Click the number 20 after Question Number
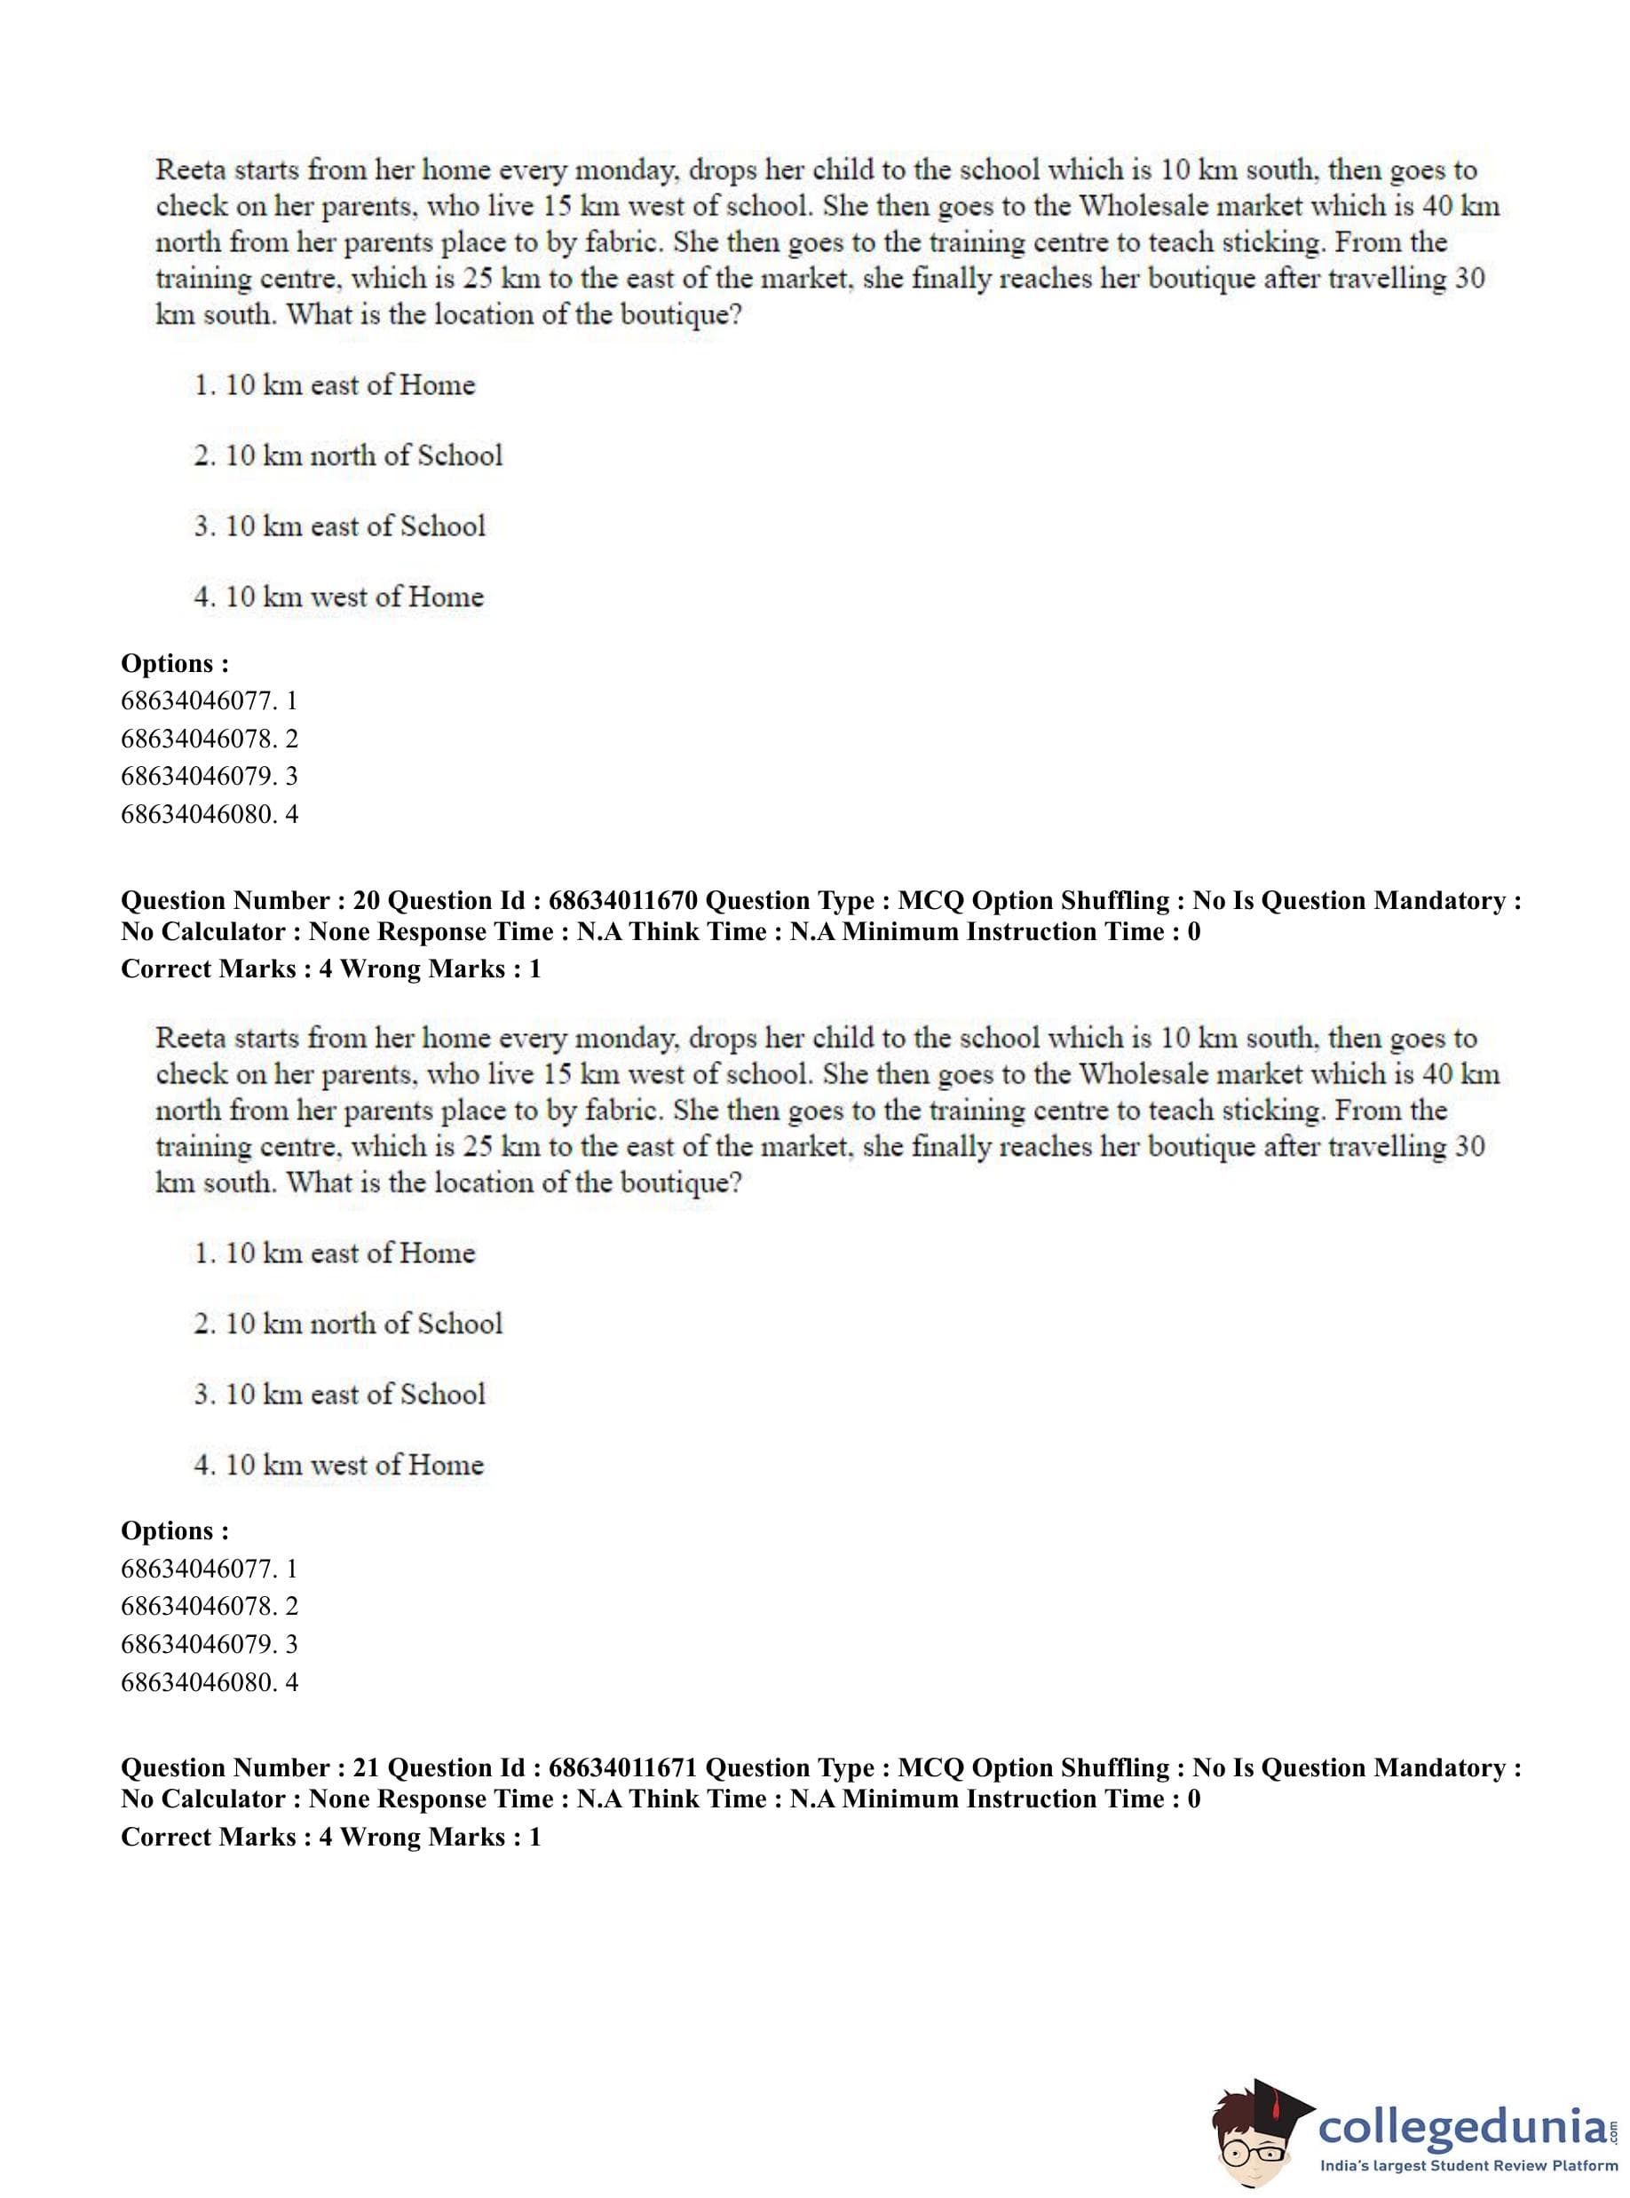click(x=366, y=901)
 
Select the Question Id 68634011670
click(x=622, y=901)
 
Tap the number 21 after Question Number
click(x=365, y=1767)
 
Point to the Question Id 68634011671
click(x=622, y=1767)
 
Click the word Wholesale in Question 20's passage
click(x=1136, y=1074)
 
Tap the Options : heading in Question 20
click(x=175, y=1531)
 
